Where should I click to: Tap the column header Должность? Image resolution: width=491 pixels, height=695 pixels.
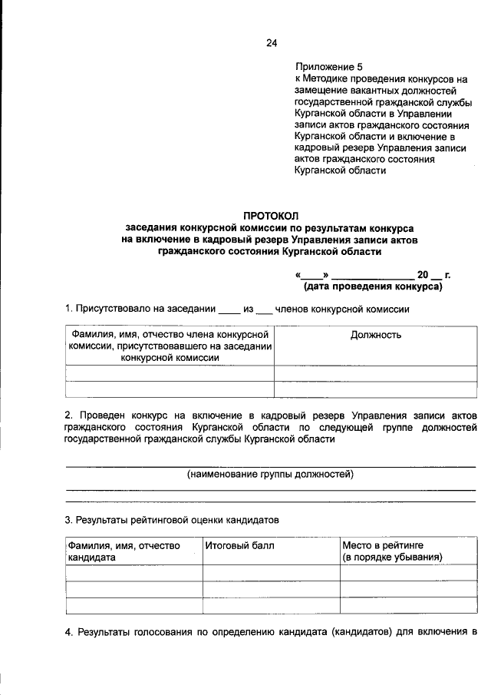click(375, 335)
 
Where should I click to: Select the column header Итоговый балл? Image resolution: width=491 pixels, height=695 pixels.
click(237, 545)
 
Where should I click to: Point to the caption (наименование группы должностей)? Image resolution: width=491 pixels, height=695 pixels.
click(270, 475)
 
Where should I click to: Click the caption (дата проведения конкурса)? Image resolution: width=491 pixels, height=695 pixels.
click(374, 287)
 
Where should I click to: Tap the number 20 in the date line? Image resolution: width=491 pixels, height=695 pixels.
click(423, 275)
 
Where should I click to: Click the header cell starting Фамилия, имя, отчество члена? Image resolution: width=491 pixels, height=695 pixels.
click(170, 346)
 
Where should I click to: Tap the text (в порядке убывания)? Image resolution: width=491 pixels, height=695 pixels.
click(392, 557)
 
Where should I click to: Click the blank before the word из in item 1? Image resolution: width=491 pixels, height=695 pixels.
click(229, 310)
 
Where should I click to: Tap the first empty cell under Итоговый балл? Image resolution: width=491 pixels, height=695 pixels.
click(271, 573)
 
